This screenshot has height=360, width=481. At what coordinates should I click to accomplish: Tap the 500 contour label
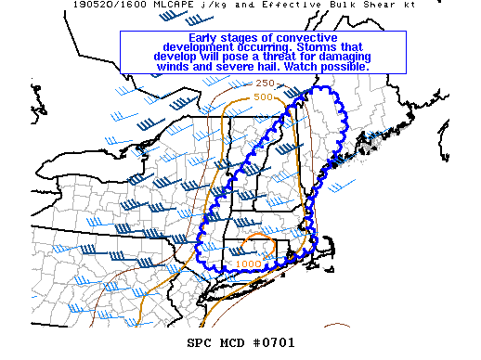point(263,96)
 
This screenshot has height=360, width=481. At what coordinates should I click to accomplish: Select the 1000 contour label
point(248,264)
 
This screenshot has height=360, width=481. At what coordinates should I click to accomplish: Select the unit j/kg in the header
point(210,5)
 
